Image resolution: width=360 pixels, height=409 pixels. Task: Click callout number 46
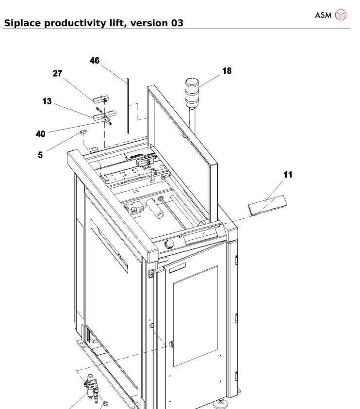(95, 61)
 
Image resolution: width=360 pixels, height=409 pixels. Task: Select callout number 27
(58, 73)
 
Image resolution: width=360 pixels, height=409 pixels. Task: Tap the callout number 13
(47, 101)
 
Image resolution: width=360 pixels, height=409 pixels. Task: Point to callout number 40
(41, 133)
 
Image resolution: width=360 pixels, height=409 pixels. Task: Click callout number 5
(40, 155)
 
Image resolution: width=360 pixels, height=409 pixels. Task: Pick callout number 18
(227, 71)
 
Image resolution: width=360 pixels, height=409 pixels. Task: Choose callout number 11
(288, 175)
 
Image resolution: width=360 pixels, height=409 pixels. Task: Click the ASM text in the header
(323, 15)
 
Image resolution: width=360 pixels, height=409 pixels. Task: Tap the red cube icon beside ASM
(342, 15)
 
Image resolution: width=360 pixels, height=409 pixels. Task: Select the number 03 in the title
(177, 23)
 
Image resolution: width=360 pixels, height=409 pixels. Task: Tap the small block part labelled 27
(100, 99)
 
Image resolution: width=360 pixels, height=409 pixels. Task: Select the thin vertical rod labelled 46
(127, 104)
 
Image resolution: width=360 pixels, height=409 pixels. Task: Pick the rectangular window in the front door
(196, 315)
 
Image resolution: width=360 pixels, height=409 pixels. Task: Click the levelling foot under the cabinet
(221, 402)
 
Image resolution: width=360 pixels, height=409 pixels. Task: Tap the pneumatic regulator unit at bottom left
(92, 387)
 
